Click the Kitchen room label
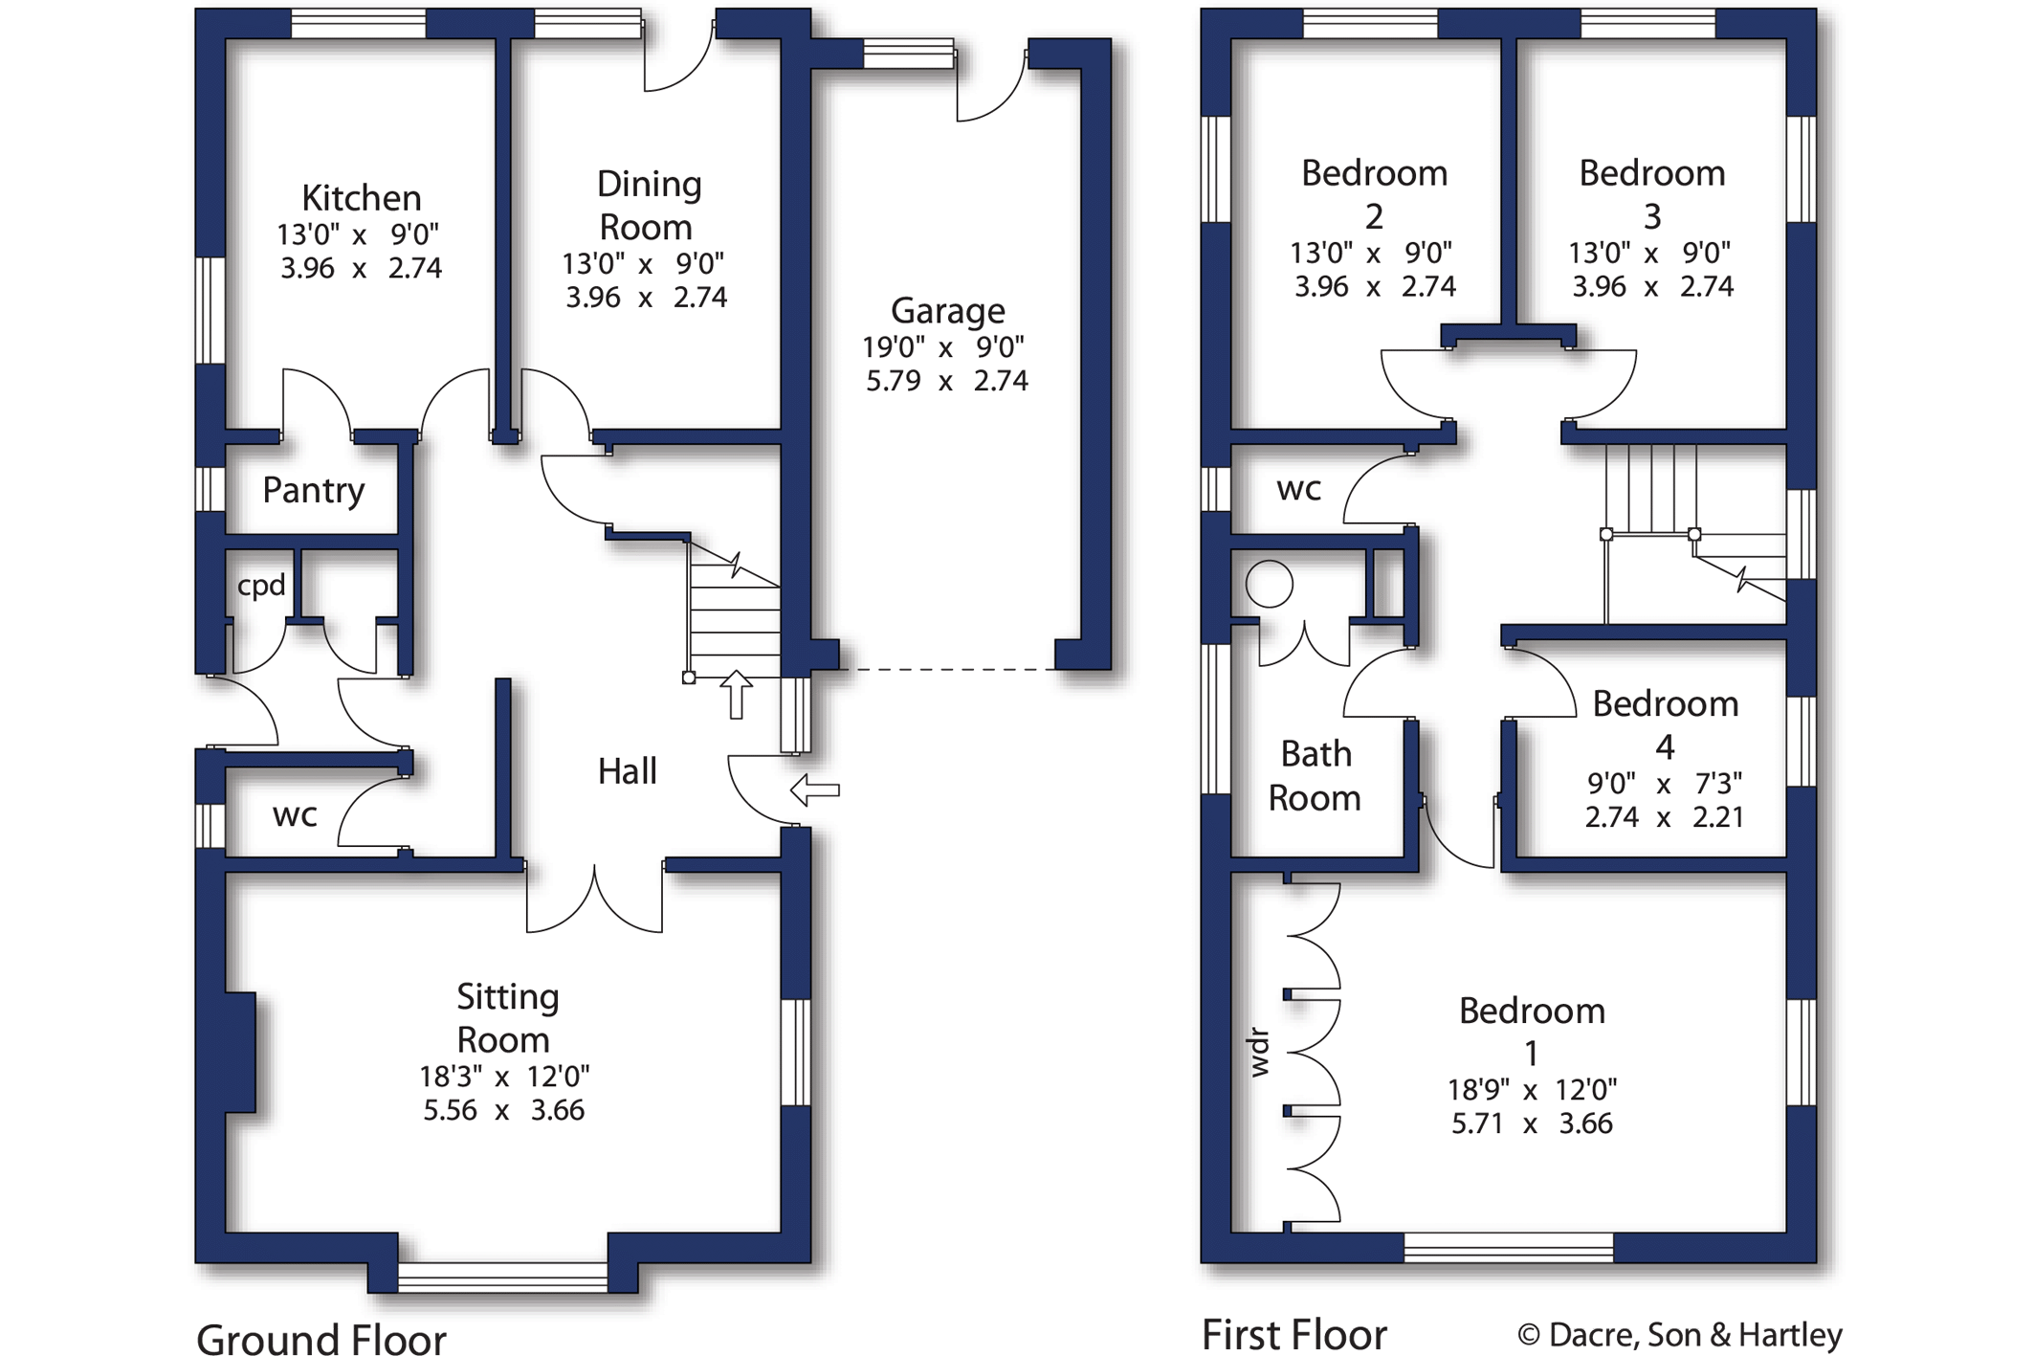tap(361, 198)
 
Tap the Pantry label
tap(314, 490)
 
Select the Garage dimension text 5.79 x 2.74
tap(947, 381)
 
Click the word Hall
tap(628, 770)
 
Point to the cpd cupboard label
tap(261, 585)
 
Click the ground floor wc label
tap(295, 815)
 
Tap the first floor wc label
tap(1298, 489)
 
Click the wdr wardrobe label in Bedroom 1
tap(1259, 1053)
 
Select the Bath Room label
tap(1315, 775)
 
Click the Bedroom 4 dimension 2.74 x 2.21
tap(1665, 817)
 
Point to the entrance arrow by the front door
tap(815, 789)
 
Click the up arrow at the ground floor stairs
tap(736, 694)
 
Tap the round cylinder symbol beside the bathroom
tap(1270, 584)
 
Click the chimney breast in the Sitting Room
tap(240, 1053)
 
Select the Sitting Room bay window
tap(502, 1278)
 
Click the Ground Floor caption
tap(321, 1338)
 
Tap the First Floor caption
tap(1294, 1334)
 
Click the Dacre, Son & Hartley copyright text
tap(1680, 1335)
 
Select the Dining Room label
tap(648, 206)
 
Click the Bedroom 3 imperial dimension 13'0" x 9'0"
tap(1650, 253)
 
